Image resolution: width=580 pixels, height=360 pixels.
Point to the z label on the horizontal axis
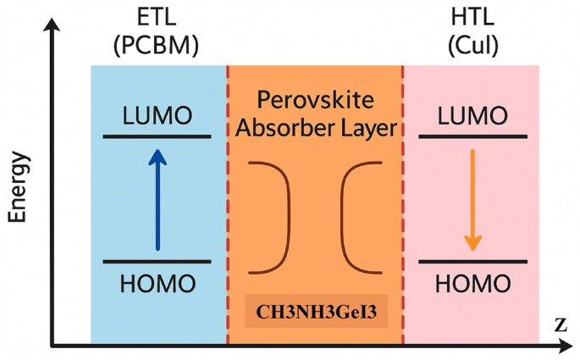(x=560, y=324)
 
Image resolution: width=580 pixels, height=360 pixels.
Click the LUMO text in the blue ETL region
(x=157, y=115)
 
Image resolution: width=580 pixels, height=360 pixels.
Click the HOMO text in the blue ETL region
(x=157, y=283)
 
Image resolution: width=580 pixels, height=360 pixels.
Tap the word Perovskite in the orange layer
(x=315, y=101)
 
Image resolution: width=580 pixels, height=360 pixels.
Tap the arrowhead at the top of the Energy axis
(x=54, y=25)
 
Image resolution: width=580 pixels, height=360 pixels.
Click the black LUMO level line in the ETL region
(x=157, y=136)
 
